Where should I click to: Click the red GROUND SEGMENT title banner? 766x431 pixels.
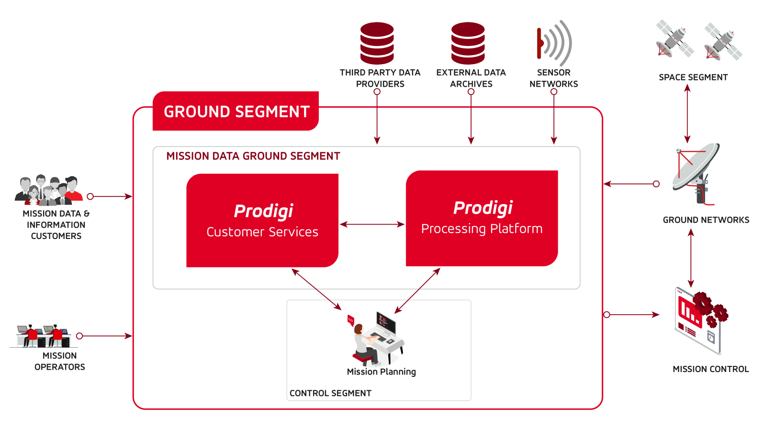click(x=236, y=111)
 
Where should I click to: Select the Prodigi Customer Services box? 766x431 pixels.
click(x=262, y=220)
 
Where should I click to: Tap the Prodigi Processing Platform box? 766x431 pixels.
click(x=482, y=218)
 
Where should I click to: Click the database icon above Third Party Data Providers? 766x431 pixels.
click(x=377, y=43)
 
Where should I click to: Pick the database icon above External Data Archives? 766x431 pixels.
click(x=468, y=43)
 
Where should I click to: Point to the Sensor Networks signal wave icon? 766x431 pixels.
click(x=554, y=43)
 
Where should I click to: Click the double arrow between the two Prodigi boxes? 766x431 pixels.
click(x=372, y=224)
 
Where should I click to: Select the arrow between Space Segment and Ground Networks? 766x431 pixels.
click(x=687, y=114)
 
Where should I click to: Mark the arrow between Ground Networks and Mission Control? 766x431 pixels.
click(x=691, y=258)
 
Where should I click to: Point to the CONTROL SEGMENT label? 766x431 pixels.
click(x=330, y=393)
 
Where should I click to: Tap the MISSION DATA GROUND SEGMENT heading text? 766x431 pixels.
click(x=253, y=156)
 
